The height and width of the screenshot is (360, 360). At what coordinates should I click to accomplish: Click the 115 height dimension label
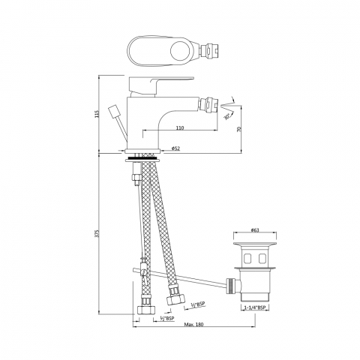97,114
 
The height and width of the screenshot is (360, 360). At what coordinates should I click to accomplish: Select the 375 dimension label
97,233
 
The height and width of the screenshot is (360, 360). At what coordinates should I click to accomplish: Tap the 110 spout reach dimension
180,127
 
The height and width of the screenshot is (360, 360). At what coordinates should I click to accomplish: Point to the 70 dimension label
238,129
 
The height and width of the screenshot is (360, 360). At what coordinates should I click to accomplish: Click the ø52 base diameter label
175,148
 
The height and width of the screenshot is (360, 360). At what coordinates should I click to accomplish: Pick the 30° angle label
226,116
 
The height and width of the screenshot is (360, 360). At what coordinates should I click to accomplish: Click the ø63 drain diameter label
255,230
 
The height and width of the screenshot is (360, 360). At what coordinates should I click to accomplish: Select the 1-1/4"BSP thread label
255,307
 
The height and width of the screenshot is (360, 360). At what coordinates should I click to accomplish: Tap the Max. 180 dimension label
194,324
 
